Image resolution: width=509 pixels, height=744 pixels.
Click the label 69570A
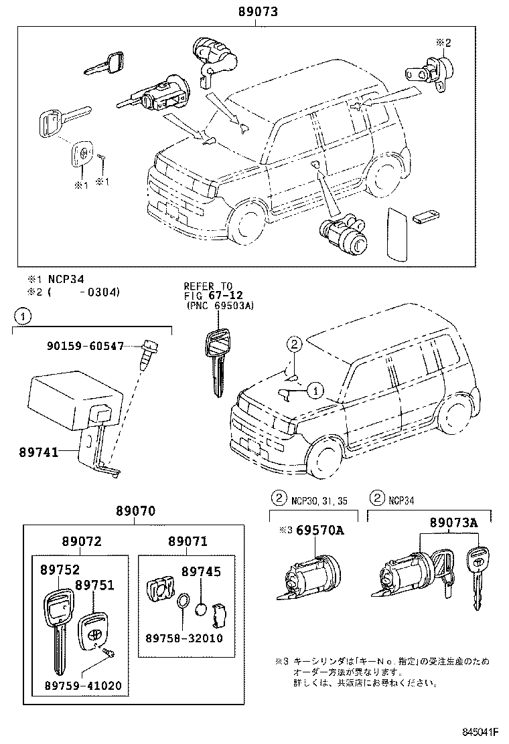(321, 530)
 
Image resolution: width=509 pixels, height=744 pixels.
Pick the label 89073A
(453, 523)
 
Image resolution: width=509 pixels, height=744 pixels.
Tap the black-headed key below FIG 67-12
(216, 361)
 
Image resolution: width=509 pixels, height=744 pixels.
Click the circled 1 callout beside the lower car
(315, 389)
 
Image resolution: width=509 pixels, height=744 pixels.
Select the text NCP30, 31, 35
(319, 500)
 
